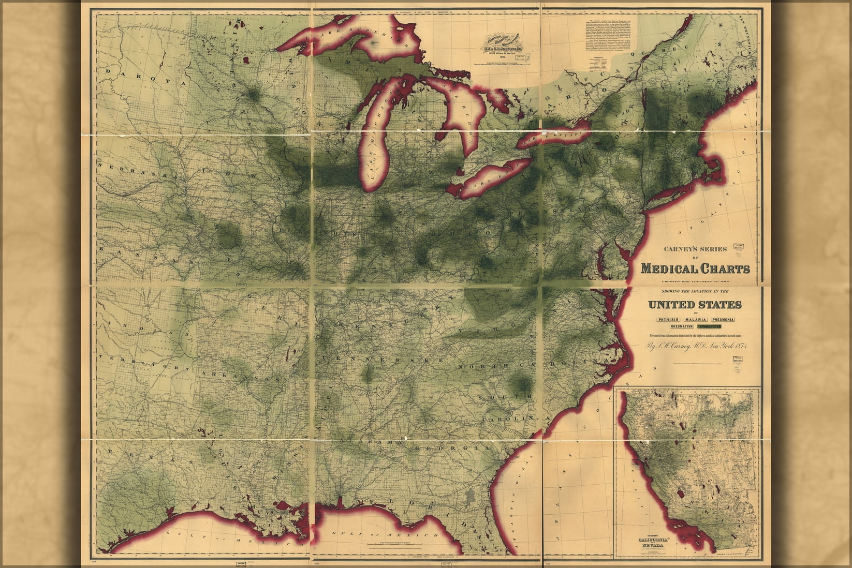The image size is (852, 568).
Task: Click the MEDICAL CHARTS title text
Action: tap(695, 269)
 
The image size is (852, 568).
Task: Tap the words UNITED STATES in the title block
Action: tap(695, 304)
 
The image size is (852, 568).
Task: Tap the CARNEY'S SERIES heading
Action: tap(695, 249)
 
